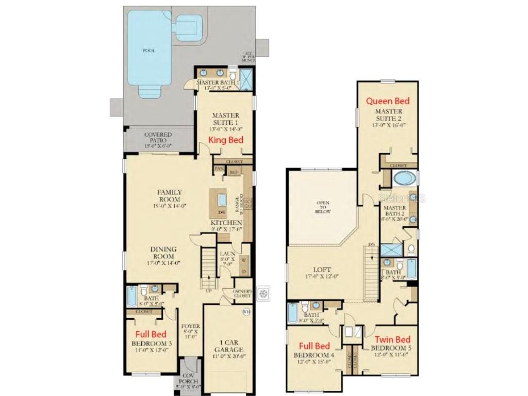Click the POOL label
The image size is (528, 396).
click(149, 51)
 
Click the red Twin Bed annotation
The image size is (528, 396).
click(392, 339)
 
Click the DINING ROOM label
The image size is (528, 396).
click(162, 252)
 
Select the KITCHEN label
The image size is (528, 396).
click(223, 222)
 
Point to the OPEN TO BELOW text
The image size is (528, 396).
click(323, 207)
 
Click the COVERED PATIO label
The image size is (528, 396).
click(158, 137)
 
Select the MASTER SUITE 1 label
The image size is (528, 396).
click(225, 120)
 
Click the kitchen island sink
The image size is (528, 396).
click(222, 200)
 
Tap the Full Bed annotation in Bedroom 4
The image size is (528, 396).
click(315, 346)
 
